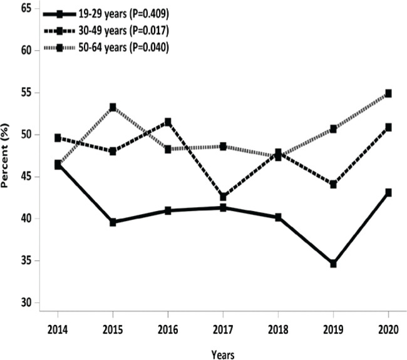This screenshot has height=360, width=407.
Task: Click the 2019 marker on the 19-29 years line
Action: (x=333, y=264)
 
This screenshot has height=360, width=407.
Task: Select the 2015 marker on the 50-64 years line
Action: (x=113, y=107)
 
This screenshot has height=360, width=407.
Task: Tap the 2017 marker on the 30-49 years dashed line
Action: (x=223, y=197)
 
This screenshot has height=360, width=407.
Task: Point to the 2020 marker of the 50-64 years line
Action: (x=388, y=93)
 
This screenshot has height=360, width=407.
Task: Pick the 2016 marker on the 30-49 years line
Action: (x=168, y=121)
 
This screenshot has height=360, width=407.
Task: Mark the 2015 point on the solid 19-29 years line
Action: (x=113, y=222)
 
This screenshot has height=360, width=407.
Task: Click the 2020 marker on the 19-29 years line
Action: (x=388, y=193)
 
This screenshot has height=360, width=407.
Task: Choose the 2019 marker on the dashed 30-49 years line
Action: (x=333, y=185)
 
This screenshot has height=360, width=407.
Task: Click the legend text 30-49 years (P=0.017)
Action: (x=123, y=31)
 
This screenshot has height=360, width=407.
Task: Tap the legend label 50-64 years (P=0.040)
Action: (x=123, y=48)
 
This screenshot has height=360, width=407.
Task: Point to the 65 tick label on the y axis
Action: (x=26, y=8)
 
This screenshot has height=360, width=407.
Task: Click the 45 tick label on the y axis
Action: (x=26, y=177)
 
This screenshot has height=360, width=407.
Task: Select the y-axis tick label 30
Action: (x=26, y=302)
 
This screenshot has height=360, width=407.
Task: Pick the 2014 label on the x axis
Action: (x=58, y=330)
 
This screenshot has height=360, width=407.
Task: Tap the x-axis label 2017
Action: (x=223, y=330)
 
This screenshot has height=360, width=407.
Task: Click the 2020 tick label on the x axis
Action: (x=388, y=330)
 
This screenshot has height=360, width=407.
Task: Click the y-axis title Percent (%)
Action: (x=4, y=155)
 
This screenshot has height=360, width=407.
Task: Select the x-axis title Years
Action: (x=223, y=355)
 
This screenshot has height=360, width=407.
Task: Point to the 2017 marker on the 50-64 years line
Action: (x=223, y=147)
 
